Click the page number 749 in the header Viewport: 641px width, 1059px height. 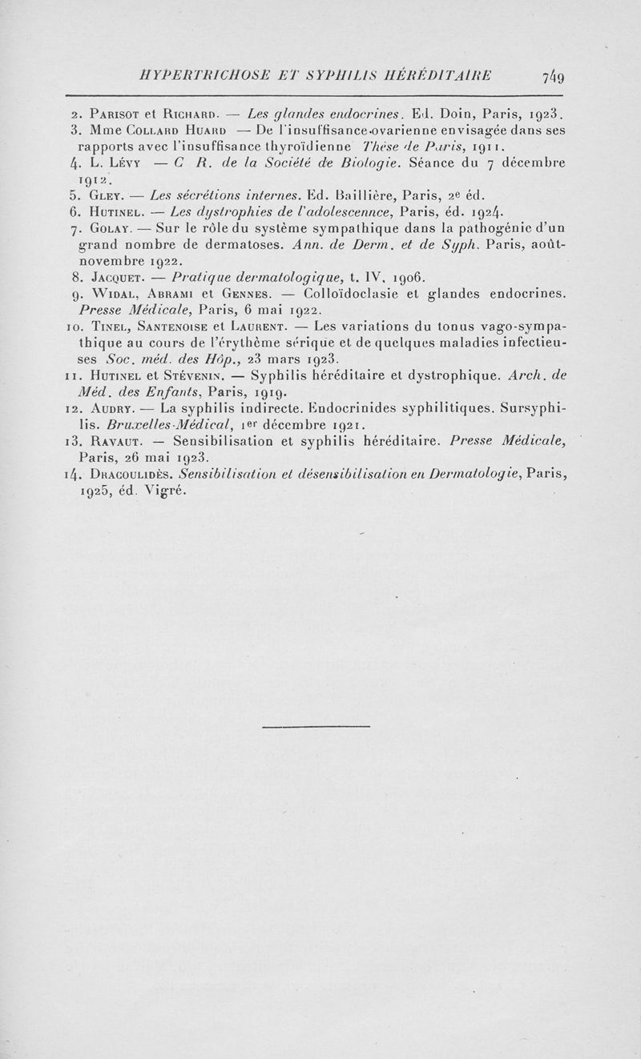pyautogui.click(x=554, y=77)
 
